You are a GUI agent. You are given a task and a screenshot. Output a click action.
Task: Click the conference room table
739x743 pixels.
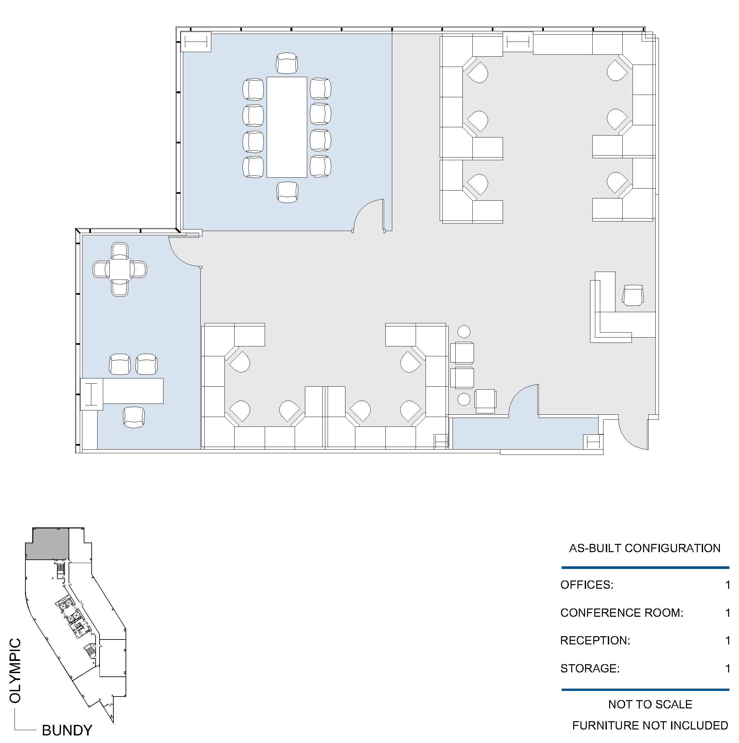287,127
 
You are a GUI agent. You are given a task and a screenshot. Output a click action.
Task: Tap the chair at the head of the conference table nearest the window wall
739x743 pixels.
287,63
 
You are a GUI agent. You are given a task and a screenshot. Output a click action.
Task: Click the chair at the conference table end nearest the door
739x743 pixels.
287,192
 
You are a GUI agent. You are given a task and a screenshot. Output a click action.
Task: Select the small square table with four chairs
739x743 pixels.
120,270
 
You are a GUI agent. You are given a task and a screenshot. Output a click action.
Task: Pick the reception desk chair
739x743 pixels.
633,295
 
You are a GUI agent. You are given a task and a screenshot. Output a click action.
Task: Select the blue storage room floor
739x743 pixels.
525,433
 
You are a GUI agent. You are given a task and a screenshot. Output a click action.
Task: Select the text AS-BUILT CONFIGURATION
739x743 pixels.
645,548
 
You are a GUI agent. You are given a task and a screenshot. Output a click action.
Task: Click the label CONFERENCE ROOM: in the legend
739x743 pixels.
622,612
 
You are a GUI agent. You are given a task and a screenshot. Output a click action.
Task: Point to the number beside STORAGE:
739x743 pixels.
727,669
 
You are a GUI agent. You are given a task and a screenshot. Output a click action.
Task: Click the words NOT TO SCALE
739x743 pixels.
650,704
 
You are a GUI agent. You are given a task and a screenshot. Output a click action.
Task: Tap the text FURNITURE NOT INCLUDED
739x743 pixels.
650,725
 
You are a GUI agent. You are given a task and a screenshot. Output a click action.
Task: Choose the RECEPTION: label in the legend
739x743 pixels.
595,640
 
